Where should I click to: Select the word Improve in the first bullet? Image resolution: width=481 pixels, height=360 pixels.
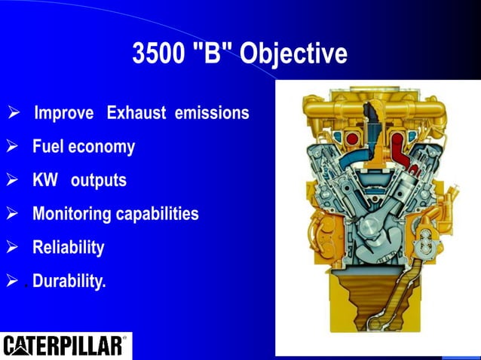[65, 114]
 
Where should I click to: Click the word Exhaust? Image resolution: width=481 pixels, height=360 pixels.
[138, 114]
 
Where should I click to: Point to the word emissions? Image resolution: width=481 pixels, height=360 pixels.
[212, 114]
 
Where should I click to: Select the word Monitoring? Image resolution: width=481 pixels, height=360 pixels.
[72, 214]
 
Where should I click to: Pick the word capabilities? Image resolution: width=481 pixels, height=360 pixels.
[158, 214]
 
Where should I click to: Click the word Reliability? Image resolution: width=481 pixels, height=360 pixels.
[68, 247]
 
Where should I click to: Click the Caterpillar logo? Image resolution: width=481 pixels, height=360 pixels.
[64, 346]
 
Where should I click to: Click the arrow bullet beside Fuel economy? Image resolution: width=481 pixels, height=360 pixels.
[12, 147]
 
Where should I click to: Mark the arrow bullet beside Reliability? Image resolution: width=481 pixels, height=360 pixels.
[12, 248]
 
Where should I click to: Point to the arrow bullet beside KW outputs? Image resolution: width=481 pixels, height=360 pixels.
[12, 182]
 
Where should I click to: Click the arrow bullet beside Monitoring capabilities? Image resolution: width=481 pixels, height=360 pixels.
[12, 215]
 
